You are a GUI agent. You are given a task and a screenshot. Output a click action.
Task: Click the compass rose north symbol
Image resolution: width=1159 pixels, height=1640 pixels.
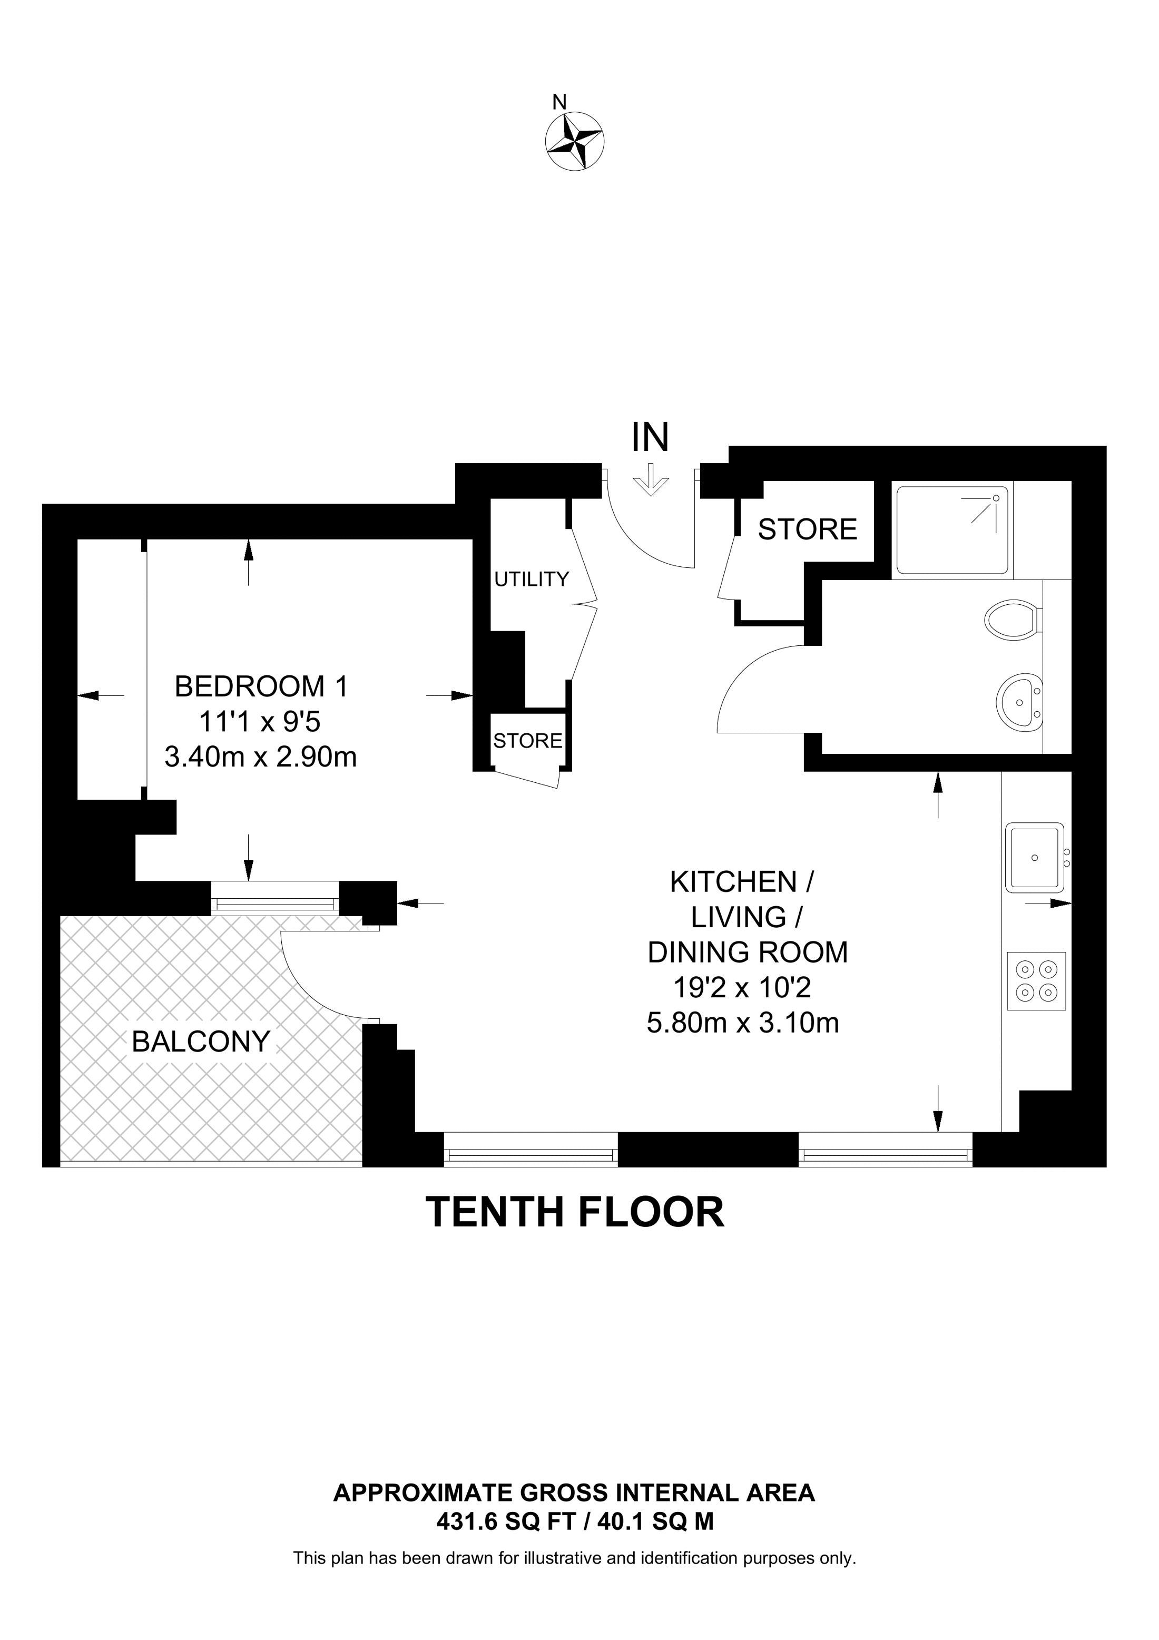click(x=574, y=141)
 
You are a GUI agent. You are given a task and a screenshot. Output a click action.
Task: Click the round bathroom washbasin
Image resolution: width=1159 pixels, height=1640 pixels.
click(x=1020, y=702)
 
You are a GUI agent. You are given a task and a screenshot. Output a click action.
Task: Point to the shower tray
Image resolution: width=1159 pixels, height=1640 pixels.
click(x=952, y=530)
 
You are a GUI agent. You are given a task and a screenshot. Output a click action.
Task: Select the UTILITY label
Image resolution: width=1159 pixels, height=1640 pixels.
click(x=532, y=580)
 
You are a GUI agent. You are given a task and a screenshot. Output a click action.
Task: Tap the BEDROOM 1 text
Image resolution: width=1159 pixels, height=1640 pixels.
click(x=261, y=686)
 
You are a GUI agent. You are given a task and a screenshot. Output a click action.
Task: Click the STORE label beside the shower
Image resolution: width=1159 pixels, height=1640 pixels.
click(x=807, y=529)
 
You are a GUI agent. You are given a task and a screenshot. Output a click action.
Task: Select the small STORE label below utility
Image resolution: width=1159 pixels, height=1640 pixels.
click(x=528, y=741)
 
